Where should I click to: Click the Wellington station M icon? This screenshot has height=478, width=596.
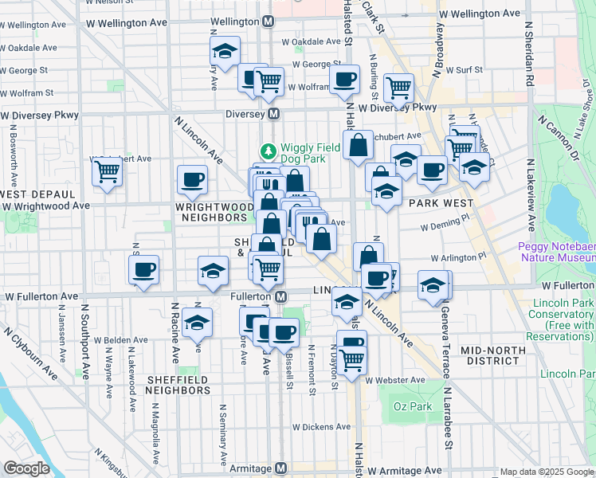[x=269, y=20]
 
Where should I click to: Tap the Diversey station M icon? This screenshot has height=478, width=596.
[x=273, y=114]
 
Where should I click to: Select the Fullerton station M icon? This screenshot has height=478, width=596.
[x=280, y=296]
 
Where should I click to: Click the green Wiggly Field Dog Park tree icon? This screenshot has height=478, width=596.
[x=269, y=150]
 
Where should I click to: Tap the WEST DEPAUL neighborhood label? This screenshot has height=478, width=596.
[x=37, y=194]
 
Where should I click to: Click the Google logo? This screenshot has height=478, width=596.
[x=26, y=468]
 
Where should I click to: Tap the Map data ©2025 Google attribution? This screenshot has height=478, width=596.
[x=546, y=472]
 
